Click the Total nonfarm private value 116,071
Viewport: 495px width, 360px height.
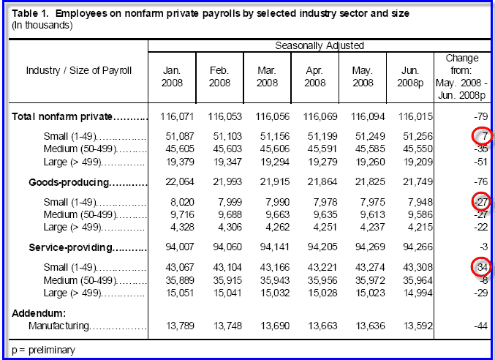pyautogui.click(x=175, y=116)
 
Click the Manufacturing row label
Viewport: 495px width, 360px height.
pyautogui.click(x=58, y=326)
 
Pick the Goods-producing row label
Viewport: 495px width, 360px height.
pyautogui.click(x=69, y=182)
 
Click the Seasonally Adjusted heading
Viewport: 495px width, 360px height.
pyautogui.click(x=320, y=45)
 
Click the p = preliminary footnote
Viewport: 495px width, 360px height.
pyautogui.click(x=44, y=350)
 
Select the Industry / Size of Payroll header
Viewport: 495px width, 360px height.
pyautogui.click(x=78, y=71)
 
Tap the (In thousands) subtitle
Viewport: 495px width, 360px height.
pyautogui.click(x=42, y=26)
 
